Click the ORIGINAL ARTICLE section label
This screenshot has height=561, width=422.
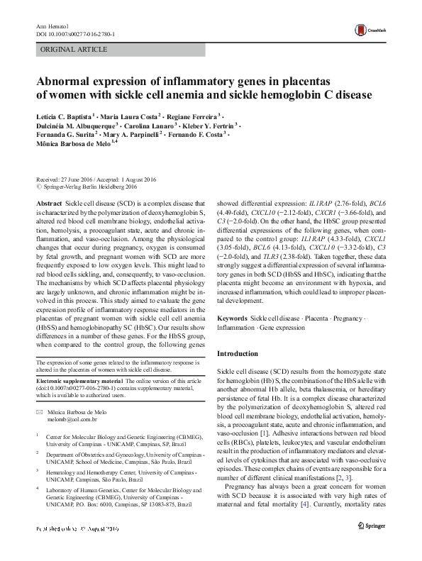pyautogui.click(x=74, y=50)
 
